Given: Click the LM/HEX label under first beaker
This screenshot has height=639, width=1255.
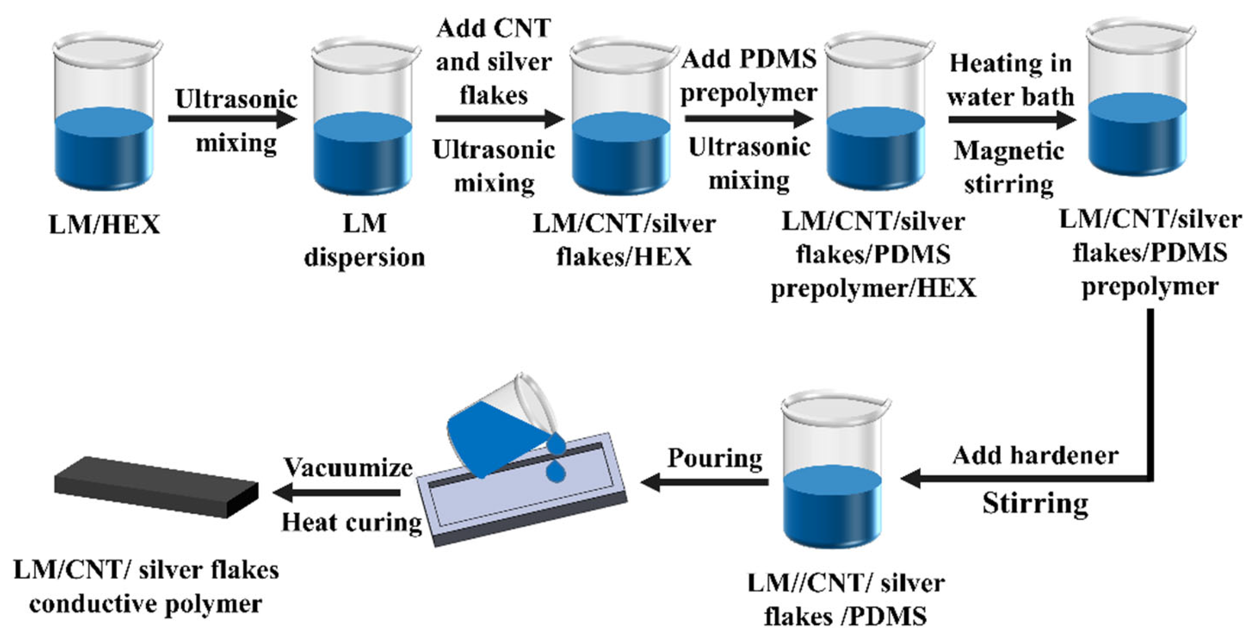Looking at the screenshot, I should click(x=104, y=225).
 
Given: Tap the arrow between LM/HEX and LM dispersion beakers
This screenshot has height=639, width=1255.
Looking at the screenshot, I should click(x=232, y=118).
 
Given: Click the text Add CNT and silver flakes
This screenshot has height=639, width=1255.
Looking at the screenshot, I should click(x=493, y=61).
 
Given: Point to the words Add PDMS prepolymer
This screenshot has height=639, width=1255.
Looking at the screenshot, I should click(x=749, y=75).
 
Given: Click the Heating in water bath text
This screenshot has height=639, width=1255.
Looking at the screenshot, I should click(x=1010, y=80).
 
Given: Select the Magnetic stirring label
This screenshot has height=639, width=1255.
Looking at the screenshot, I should click(x=1008, y=166).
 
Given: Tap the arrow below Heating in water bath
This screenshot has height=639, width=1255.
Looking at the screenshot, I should click(x=1011, y=119).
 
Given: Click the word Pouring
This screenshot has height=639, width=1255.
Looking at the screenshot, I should click(x=715, y=458).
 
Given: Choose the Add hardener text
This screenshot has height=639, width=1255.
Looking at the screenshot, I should click(x=1035, y=456).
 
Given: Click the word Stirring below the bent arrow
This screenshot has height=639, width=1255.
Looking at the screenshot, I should click(x=1035, y=503).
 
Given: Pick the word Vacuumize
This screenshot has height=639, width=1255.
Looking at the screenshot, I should click(x=349, y=467).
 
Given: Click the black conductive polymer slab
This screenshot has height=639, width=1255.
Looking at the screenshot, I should click(x=156, y=486).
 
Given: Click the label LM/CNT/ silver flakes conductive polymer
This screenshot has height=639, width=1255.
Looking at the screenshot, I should click(x=146, y=587).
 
